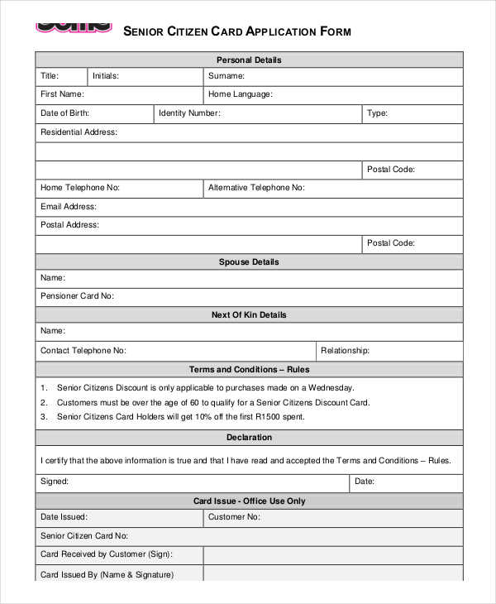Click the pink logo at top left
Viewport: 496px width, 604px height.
74,24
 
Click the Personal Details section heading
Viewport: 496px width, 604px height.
249,60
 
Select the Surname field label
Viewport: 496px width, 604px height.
227,76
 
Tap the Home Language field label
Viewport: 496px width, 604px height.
241,94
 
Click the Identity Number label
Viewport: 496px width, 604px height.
189,113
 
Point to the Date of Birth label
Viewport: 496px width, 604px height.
65,113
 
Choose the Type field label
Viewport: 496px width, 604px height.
377,113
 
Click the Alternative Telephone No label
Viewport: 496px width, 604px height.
256,188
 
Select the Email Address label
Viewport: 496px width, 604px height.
69,207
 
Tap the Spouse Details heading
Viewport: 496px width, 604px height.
249,262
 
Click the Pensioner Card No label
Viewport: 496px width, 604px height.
77,295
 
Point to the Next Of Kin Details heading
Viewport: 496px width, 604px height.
249,315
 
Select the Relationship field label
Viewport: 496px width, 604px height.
345,351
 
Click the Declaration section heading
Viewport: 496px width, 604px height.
249,438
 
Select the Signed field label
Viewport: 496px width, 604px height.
55,481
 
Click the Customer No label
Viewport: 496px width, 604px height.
234,517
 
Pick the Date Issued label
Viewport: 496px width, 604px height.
63,517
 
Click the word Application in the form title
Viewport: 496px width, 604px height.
262,31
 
